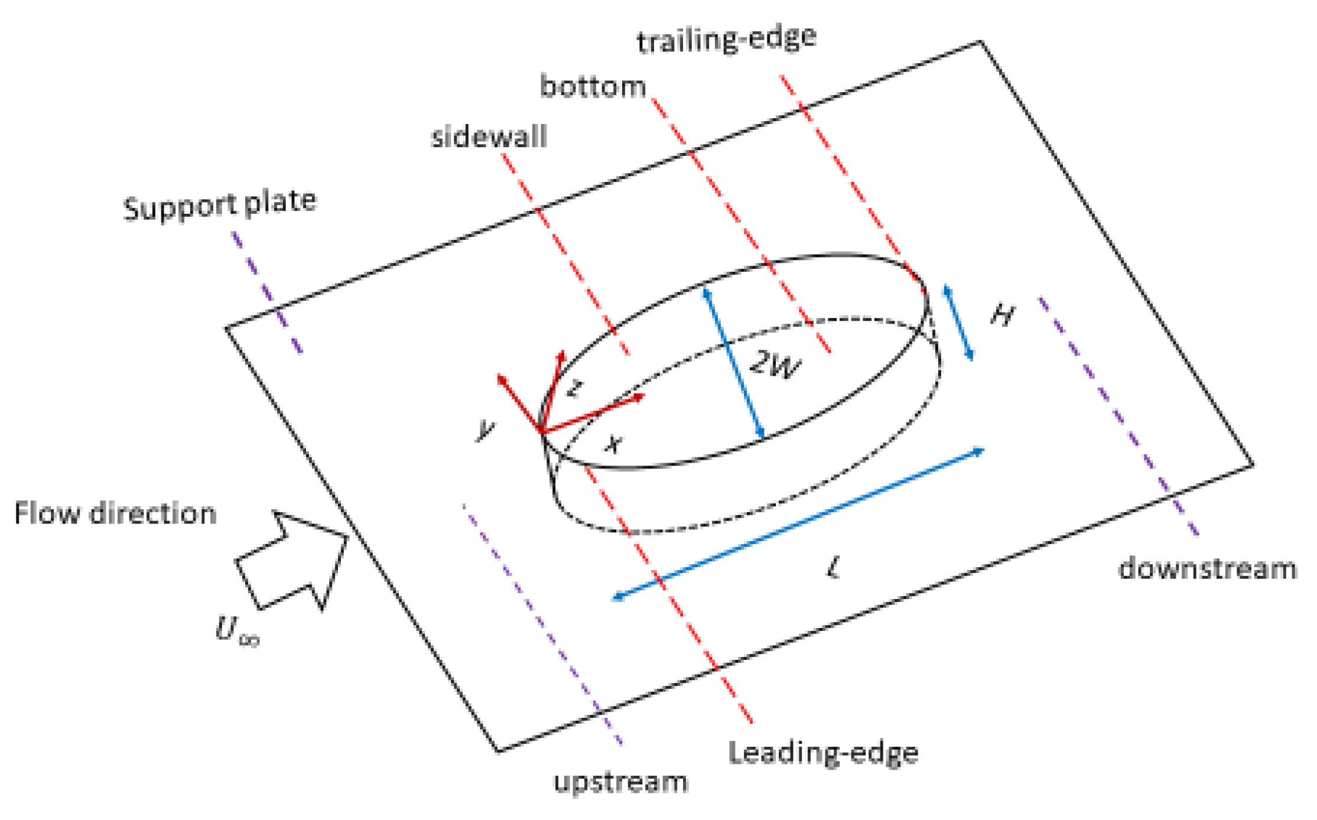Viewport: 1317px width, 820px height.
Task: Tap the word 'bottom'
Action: point(593,87)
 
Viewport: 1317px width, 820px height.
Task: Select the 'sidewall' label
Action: point(489,138)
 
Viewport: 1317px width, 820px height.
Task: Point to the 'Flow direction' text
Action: point(115,513)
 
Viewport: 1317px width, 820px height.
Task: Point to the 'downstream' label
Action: point(1207,569)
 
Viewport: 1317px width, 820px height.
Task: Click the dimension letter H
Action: point(1003,314)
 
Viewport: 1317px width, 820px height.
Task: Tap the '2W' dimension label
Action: point(775,365)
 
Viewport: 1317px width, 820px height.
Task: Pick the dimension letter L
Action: point(833,569)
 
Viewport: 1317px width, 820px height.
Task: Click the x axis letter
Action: point(614,443)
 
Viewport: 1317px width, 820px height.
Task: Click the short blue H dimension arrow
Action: point(958,323)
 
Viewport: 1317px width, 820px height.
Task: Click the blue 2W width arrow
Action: point(734,363)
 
